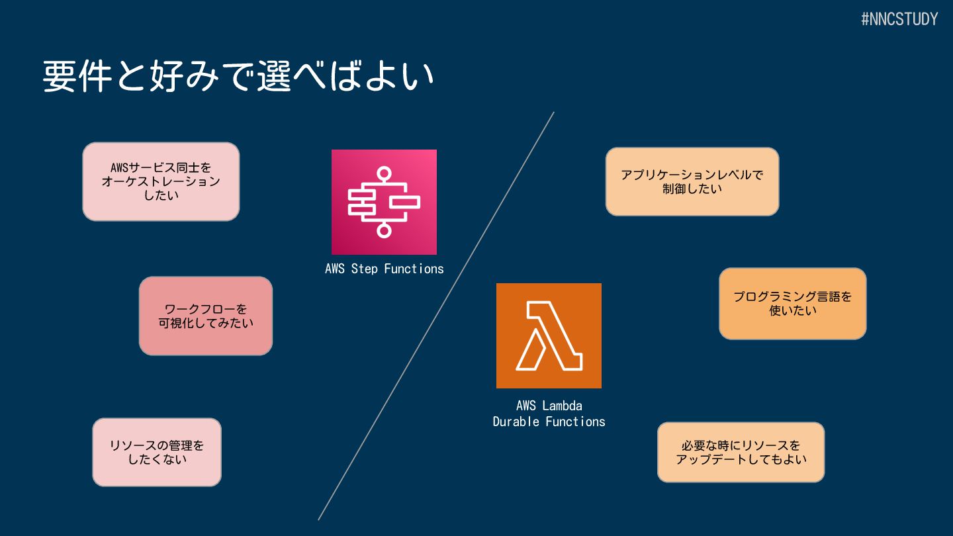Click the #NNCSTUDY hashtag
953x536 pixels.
899,19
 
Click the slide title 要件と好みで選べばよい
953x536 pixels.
238,77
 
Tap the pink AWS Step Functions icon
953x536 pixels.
384,202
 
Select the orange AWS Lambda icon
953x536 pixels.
549,335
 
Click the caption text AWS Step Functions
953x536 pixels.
384,269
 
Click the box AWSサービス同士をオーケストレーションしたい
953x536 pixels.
161,181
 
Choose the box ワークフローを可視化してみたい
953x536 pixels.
206,316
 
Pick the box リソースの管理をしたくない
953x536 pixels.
157,452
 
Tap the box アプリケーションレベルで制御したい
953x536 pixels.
692,181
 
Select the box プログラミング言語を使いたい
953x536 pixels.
793,303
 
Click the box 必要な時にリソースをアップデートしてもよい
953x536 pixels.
741,452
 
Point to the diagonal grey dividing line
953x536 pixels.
436,316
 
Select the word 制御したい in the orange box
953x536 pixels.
692,189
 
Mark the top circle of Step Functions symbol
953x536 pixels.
384,174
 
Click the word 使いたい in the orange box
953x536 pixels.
793,310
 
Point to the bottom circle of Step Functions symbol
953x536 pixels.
384,230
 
